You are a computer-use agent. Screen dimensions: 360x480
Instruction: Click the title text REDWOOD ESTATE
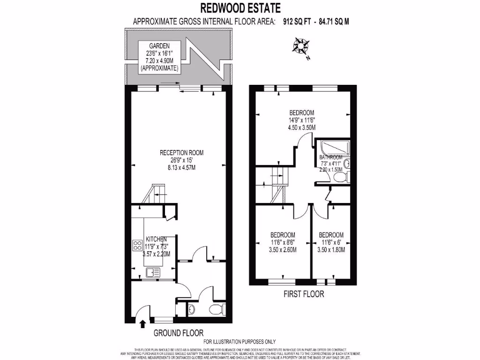(x=240, y=8)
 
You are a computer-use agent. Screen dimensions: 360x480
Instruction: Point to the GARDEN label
(x=159, y=46)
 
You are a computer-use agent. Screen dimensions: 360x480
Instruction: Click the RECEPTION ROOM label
(x=181, y=152)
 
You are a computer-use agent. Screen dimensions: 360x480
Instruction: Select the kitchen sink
(x=153, y=272)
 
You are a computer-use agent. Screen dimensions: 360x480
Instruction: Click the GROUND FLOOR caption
(x=178, y=333)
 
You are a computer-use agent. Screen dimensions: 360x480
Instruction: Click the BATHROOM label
(x=331, y=157)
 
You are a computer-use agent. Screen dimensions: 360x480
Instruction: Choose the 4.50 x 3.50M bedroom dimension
(x=301, y=127)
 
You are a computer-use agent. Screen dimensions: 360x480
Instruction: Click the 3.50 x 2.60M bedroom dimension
(x=283, y=250)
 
